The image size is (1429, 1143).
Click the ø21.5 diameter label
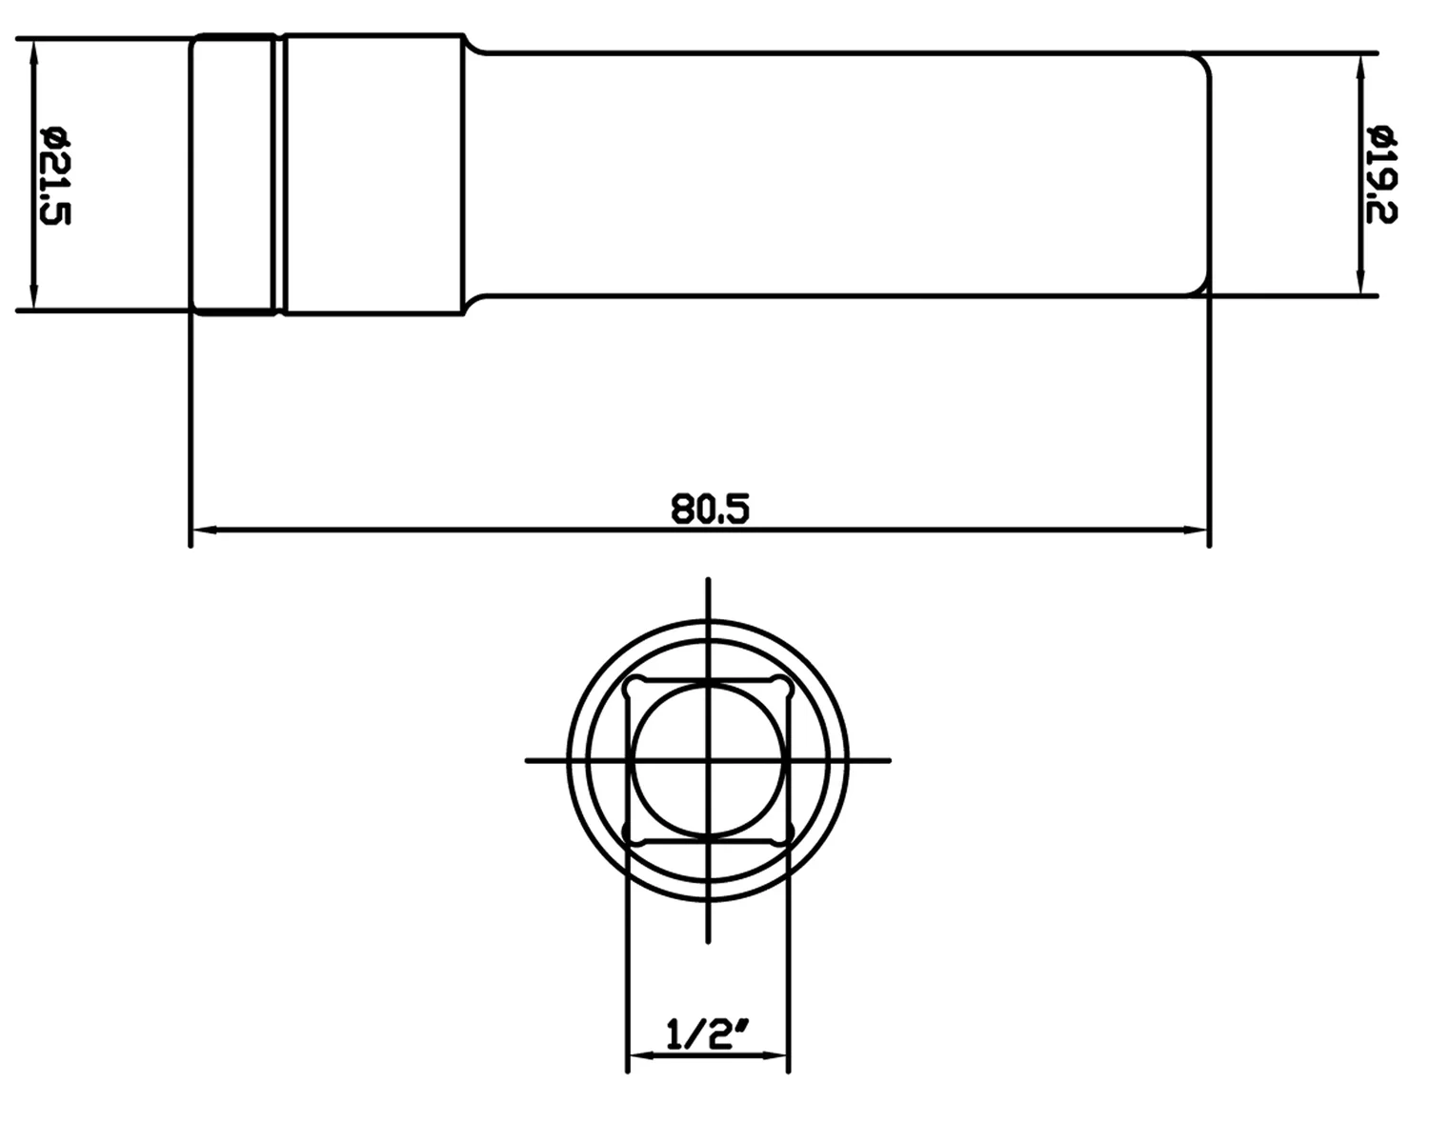coord(56,175)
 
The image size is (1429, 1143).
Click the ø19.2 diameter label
coord(1382,173)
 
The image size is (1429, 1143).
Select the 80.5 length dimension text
coord(710,510)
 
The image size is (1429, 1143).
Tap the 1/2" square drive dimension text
coord(708,1034)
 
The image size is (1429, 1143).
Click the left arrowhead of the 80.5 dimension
coord(204,531)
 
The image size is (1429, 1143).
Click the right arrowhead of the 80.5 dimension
coord(1196,531)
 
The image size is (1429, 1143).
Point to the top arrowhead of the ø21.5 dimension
coord(34,52)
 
